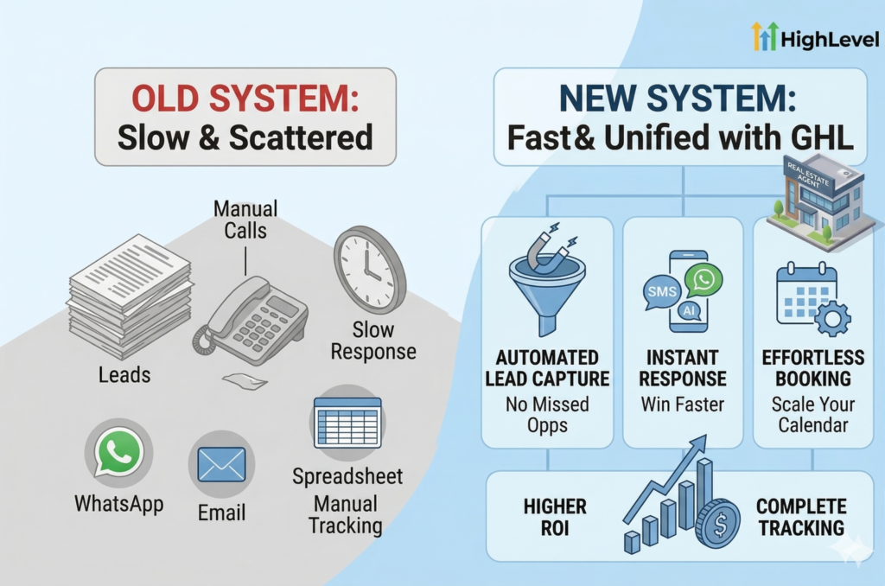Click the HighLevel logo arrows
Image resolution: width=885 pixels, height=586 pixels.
click(765, 36)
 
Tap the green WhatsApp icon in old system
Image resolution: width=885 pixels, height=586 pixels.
click(118, 452)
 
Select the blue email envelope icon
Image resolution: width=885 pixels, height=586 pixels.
click(221, 463)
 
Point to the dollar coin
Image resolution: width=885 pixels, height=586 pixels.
click(717, 523)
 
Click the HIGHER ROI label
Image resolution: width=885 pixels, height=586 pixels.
click(555, 517)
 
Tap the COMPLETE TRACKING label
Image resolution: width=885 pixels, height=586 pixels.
click(801, 517)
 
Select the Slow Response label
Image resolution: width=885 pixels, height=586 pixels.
click(373, 341)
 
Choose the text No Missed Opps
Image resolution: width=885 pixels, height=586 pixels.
click(547, 414)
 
